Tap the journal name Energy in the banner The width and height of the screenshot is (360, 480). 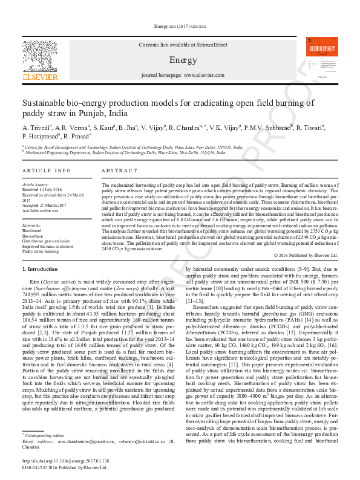pyautogui.click(x=183, y=60)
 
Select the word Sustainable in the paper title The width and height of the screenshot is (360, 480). pyautogui.click(x=45, y=103)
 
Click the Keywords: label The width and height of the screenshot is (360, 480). pyautogui.click(x=31, y=225)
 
